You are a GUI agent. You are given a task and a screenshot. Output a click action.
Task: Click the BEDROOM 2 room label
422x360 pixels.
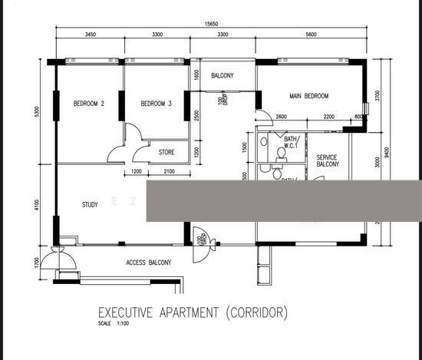(89, 104)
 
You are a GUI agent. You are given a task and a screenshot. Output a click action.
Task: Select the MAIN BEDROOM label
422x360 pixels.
(308, 96)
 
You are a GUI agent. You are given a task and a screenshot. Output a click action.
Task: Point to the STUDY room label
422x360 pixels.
(90, 204)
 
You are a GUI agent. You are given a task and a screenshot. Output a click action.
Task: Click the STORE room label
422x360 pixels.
(166, 152)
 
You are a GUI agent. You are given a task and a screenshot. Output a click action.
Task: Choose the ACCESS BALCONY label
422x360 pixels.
(148, 263)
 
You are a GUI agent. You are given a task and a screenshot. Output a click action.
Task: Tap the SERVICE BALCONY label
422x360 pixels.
(328, 160)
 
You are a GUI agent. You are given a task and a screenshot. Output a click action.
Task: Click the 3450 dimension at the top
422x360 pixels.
(89, 35)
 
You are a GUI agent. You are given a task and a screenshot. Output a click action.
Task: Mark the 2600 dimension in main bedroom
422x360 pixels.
(281, 116)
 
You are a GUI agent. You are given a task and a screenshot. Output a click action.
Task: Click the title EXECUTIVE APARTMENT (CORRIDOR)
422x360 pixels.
(193, 313)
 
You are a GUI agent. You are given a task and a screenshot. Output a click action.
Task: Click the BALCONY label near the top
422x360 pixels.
(222, 75)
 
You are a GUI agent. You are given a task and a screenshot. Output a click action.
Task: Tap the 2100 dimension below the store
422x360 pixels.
(169, 170)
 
